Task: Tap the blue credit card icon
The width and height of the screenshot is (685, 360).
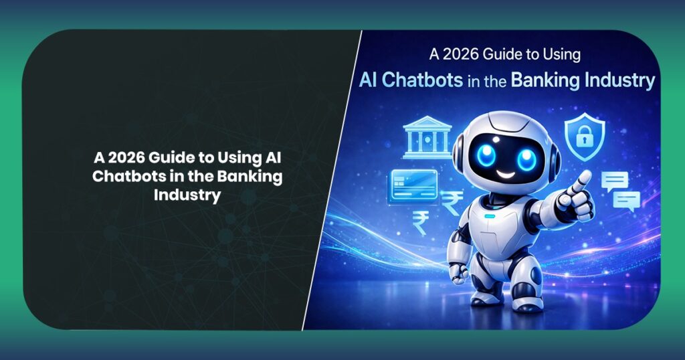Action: pyautogui.click(x=413, y=183)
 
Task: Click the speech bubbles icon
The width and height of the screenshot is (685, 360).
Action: pyautogui.click(x=621, y=190)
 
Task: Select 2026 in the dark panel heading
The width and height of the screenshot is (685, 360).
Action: pyautogui.click(x=124, y=159)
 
